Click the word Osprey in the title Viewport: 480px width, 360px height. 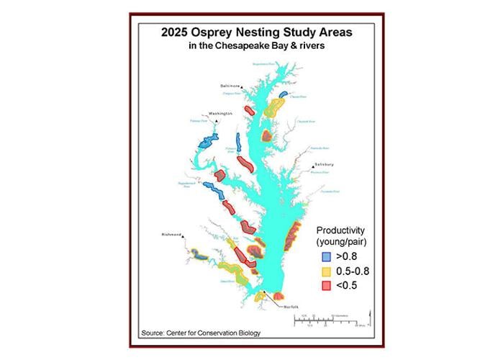[x=210, y=32]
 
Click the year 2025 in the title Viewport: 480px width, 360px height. [x=177, y=32]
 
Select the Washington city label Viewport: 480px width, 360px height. [x=220, y=113]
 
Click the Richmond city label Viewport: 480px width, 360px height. [x=171, y=234]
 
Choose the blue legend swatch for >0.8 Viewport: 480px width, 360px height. [x=325, y=255]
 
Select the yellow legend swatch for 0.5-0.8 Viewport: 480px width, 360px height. [x=325, y=271]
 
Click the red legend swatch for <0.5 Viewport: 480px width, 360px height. [x=325, y=286]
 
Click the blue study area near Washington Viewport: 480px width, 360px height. [x=204, y=142]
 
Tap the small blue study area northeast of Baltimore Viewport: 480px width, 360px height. [x=284, y=93]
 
